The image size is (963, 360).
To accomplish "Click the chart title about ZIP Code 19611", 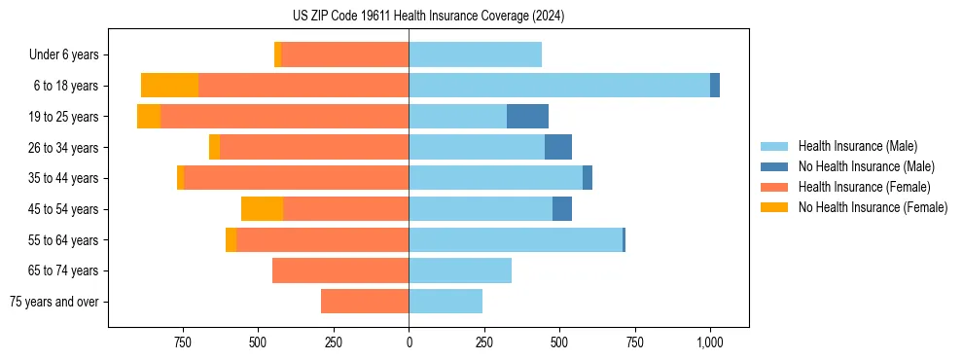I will coord(428,16).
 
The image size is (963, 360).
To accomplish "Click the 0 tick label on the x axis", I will coord(409,342).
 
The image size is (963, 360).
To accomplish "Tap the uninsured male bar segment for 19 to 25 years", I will coord(527,117).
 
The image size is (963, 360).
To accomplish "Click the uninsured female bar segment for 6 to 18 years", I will coord(169,86).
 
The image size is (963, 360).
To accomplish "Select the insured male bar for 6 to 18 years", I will coord(559,86).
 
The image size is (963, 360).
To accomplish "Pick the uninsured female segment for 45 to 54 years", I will coord(262,209).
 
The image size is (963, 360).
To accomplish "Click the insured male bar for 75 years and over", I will coord(446,302).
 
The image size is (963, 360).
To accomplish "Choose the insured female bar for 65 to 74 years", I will coord(340,270).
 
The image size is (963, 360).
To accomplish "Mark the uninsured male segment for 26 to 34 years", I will coord(558,148).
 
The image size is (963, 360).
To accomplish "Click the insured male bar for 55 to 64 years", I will coord(516,240).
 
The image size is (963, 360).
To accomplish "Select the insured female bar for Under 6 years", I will coord(344,55).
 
